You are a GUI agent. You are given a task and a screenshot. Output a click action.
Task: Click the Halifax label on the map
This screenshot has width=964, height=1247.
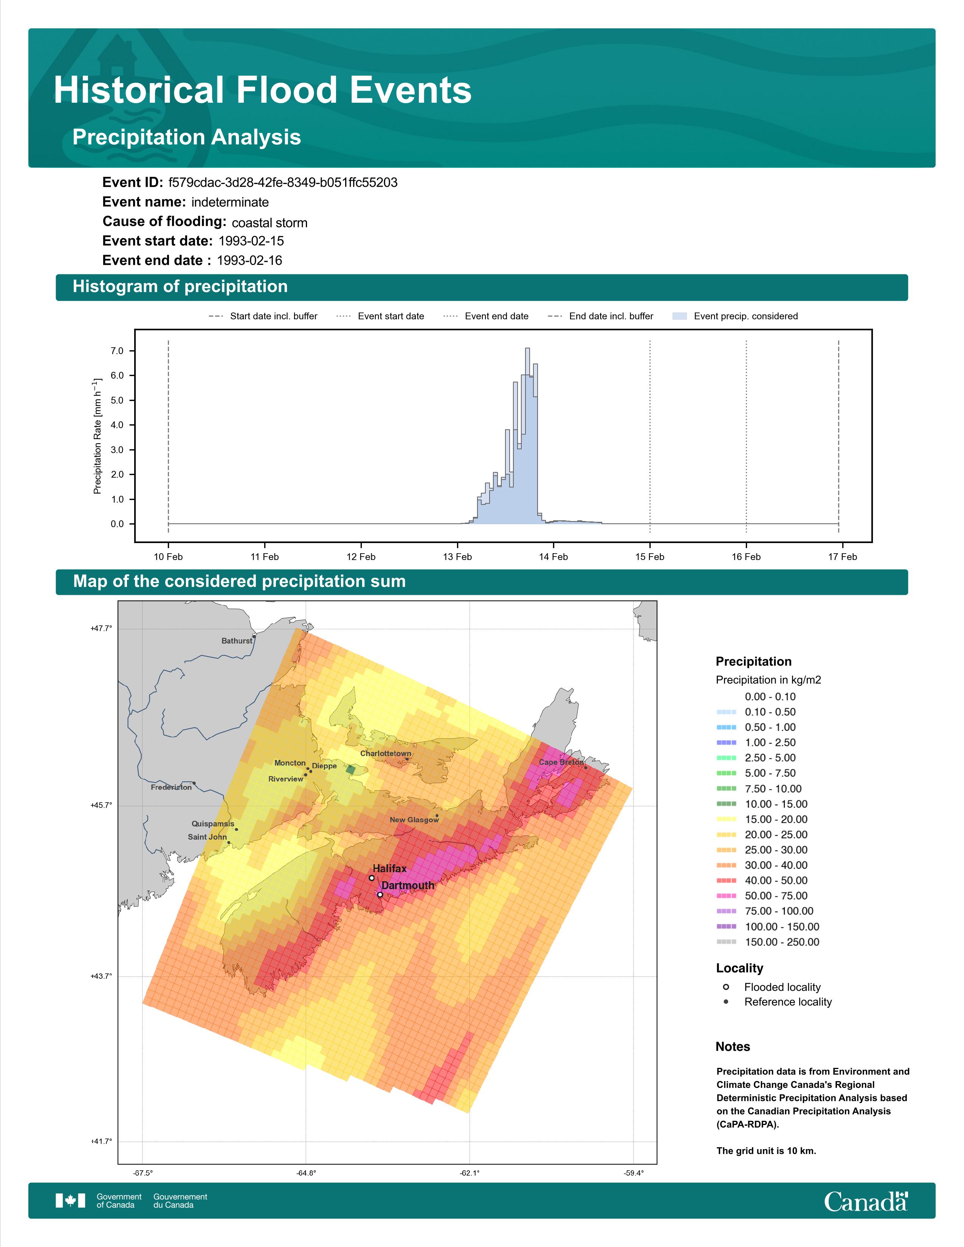click(x=389, y=868)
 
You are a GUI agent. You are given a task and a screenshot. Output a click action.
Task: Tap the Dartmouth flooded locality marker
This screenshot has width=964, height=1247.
click(x=380, y=895)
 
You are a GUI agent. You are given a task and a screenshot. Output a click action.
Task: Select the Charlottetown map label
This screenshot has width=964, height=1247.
click(x=386, y=754)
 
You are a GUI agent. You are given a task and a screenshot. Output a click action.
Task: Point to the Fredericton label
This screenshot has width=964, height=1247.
click(x=171, y=787)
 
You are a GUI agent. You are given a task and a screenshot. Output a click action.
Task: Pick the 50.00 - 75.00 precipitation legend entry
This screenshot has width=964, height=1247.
click(x=762, y=896)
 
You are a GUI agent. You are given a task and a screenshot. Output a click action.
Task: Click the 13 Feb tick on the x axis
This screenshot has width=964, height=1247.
click(x=457, y=557)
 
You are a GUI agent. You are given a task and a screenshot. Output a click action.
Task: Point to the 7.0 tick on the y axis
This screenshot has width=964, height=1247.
click(x=117, y=351)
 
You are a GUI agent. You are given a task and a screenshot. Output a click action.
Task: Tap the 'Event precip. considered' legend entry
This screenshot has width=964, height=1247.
click(x=736, y=316)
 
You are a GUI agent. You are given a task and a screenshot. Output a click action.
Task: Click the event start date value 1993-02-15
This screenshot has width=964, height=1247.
click(x=251, y=241)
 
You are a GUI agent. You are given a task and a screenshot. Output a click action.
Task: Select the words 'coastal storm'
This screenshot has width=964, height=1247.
click(x=270, y=223)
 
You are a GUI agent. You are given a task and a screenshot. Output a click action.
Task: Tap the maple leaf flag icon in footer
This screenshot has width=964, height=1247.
click(x=70, y=1201)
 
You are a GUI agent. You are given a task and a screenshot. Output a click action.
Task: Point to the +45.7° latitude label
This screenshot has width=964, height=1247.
click(x=101, y=806)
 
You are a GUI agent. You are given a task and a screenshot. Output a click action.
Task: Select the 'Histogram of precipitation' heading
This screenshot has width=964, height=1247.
click(x=180, y=287)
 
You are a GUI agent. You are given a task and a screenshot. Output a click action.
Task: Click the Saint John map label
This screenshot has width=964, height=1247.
click(x=207, y=837)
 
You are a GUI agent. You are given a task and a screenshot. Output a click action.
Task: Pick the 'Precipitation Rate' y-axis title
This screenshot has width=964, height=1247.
click(x=97, y=436)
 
